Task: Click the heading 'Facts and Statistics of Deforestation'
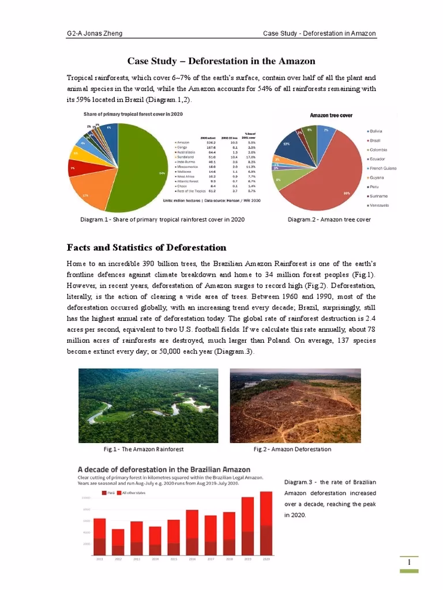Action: (x=147, y=247)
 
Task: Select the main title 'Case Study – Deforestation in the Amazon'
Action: (x=221, y=61)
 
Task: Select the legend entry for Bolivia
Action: (x=377, y=131)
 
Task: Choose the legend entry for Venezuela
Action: (x=379, y=205)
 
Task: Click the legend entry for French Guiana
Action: (x=383, y=168)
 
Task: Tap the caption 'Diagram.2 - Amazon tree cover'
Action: (x=329, y=219)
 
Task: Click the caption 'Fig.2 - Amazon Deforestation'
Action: (x=292, y=449)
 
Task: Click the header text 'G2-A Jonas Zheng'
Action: (x=92, y=33)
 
